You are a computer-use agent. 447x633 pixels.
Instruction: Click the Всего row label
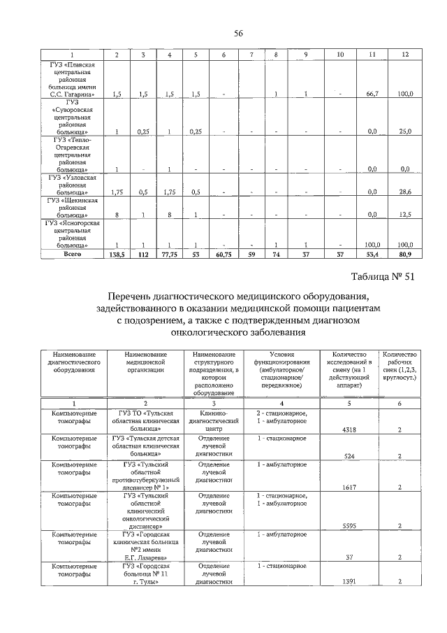click(x=73, y=254)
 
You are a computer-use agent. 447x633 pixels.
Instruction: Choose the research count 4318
click(x=347, y=431)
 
